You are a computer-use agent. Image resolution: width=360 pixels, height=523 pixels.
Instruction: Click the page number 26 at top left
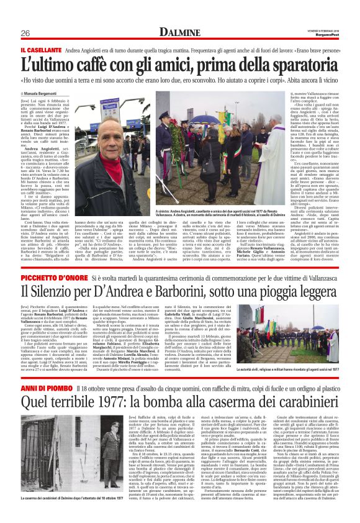point(25,33)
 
